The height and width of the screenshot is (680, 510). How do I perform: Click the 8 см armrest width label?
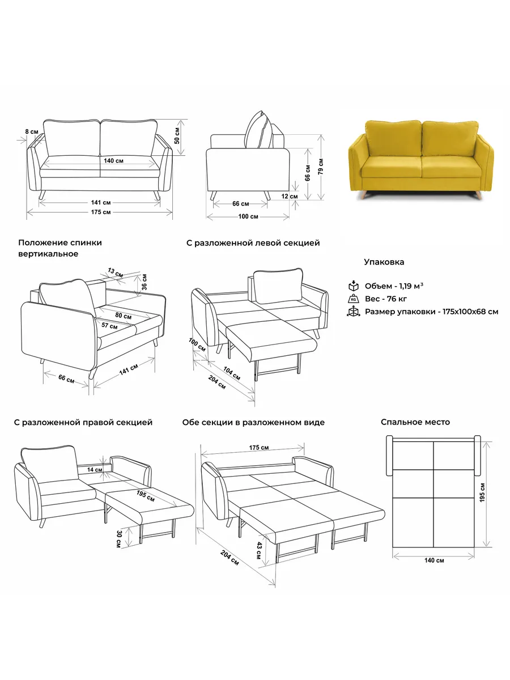click(x=32, y=131)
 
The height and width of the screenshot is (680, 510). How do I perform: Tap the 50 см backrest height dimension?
click(x=177, y=135)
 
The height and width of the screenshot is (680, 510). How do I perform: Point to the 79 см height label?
click(x=321, y=167)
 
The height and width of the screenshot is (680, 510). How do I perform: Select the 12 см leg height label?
click(x=290, y=196)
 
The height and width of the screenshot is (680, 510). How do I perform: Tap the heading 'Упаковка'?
click(x=384, y=262)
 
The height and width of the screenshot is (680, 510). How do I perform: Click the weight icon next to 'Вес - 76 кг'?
click(x=353, y=299)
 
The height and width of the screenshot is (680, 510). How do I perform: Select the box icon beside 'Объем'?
click(x=353, y=286)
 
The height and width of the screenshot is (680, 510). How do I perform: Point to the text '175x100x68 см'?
click(x=470, y=312)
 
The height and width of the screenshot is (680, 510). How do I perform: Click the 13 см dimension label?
click(x=116, y=273)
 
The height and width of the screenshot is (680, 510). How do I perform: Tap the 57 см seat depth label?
click(x=109, y=326)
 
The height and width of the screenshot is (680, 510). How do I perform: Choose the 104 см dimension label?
click(x=232, y=373)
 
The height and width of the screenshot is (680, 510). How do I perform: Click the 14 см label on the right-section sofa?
click(x=95, y=470)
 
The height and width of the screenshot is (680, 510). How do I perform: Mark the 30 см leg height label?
click(x=119, y=539)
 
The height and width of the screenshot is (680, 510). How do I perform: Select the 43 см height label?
click(x=259, y=550)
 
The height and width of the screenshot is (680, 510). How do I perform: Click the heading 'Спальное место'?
click(x=415, y=422)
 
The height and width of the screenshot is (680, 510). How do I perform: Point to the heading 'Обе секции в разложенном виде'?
click(x=253, y=423)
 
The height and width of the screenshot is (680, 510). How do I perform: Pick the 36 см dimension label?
click(x=144, y=282)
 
